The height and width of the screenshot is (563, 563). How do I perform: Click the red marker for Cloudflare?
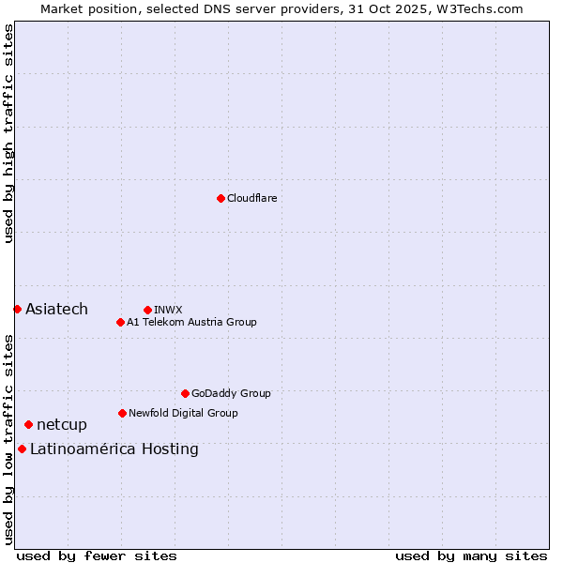[x=221, y=198]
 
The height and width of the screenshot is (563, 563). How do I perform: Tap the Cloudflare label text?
[x=251, y=198]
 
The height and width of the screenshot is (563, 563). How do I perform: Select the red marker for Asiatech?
[x=17, y=309]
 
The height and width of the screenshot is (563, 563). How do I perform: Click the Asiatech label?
[x=56, y=310]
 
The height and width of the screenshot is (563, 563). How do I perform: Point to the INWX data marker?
[x=147, y=310]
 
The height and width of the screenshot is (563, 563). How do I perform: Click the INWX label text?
[x=168, y=310]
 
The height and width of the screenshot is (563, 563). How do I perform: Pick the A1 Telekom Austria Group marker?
[x=120, y=322]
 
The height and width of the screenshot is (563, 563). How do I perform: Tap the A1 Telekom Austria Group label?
[x=191, y=322]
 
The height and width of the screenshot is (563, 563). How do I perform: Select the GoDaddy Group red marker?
[x=185, y=393]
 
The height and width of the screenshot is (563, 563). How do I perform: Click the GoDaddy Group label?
[x=231, y=393]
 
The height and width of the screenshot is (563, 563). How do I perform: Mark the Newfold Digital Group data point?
[x=122, y=413]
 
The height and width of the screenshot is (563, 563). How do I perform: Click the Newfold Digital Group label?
[x=183, y=413]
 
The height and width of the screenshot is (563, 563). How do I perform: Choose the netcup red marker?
[x=28, y=425]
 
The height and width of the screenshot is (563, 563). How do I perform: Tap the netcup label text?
[x=62, y=425]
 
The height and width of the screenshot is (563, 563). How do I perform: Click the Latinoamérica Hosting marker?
[x=22, y=449]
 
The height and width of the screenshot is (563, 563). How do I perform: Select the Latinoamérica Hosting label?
[x=114, y=449]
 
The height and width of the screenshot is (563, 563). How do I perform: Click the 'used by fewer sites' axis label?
[x=97, y=555]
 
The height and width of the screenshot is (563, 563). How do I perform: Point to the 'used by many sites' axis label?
[x=471, y=555]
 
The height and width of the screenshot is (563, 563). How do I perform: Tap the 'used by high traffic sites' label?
[x=8, y=133]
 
